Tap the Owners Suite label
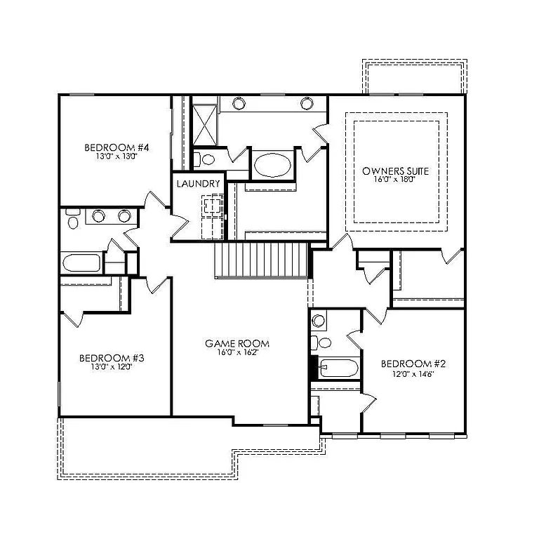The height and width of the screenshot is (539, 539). point(395,171)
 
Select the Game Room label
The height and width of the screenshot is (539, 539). point(237,344)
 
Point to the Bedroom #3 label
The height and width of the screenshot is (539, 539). point(112,357)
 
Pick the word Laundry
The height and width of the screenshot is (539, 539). point(199,184)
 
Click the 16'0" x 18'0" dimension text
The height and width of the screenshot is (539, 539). point(395,180)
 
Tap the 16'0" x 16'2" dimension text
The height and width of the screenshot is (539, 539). point(237,352)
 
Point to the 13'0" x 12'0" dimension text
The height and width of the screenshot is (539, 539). point(112,366)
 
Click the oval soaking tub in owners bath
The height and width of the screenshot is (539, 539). point(272,166)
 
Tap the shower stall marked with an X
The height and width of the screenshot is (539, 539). point(205,124)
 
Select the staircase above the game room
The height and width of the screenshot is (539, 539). point(261,260)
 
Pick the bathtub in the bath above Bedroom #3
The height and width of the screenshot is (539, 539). point(81,264)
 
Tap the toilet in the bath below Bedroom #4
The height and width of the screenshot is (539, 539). point(73,222)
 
